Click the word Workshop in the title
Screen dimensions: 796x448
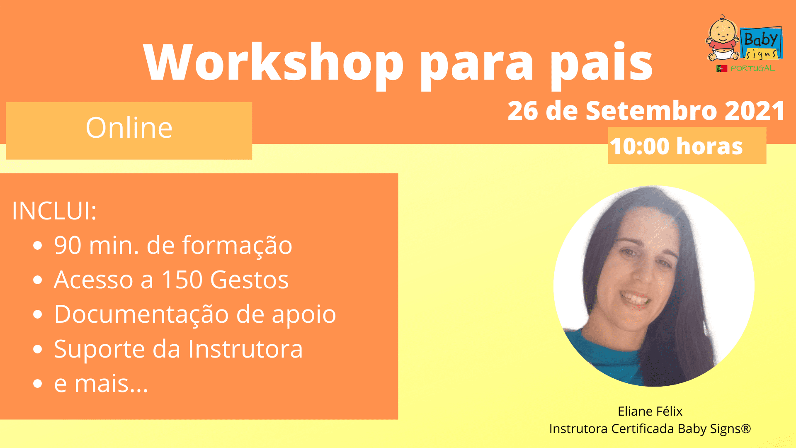tap(274, 62)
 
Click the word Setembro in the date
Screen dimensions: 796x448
tap(651, 111)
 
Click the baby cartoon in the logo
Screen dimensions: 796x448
tap(723, 39)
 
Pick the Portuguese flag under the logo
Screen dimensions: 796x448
tap(722, 68)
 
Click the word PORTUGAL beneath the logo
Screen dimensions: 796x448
tap(752, 68)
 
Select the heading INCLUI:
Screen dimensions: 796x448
tap(54, 211)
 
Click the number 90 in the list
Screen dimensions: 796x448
tap(68, 245)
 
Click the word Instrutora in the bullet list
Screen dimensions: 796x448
tap(245, 349)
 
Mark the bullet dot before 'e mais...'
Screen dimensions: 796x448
tap(38, 384)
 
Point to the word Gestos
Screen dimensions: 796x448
tap(249, 280)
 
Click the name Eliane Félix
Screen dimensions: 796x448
tap(650, 411)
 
